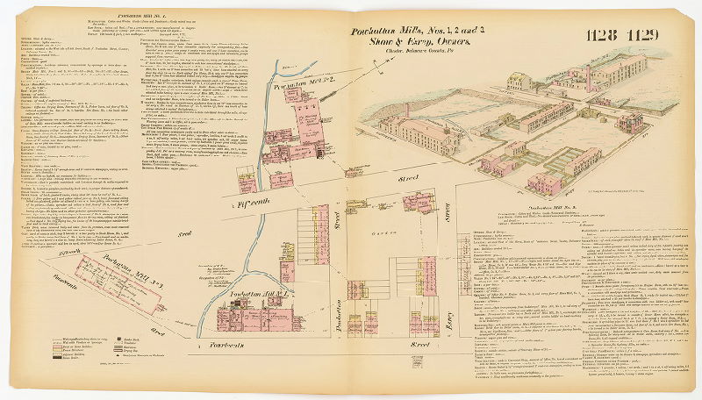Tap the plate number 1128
604,35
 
